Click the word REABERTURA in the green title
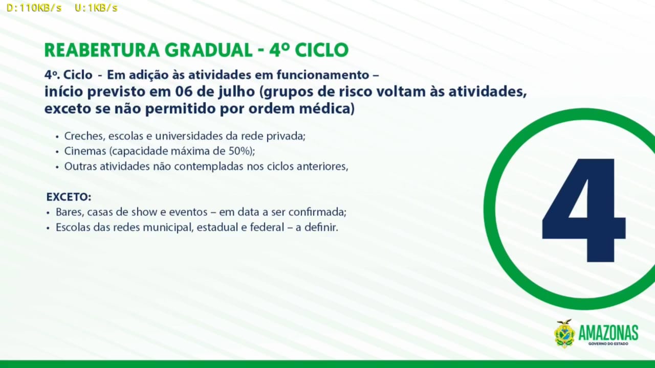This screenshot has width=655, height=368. [102, 50]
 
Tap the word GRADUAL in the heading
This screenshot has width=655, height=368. [208, 50]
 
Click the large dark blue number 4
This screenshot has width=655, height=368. [584, 210]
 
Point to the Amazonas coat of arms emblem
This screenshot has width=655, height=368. [564, 334]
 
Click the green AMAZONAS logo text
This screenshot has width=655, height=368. [608, 333]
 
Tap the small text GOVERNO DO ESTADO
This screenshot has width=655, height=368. [608, 344]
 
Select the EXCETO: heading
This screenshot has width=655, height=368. [69, 197]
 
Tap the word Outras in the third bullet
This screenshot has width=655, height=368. [80, 167]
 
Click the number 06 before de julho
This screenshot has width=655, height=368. [183, 91]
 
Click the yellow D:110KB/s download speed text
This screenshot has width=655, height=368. [34, 8]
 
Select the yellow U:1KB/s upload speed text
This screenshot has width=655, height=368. [96, 8]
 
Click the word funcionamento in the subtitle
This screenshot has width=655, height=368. [323, 75]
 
